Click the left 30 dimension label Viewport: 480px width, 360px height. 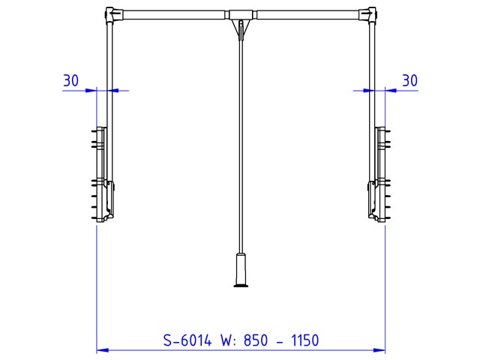pyautogui.click(x=70, y=80)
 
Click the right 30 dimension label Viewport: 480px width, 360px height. pyautogui.click(x=409, y=80)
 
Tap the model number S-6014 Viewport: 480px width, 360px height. pyautogui.click(x=187, y=340)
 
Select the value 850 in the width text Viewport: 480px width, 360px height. pyautogui.click(x=256, y=340)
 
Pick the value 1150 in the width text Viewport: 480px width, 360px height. pyautogui.click(x=305, y=340)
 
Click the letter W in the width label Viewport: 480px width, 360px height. pyautogui.click(x=226, y=340)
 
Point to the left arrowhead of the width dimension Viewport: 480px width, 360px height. pyautogui.click(x=103, y=350)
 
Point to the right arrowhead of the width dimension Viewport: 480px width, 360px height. pyautogui.click(x=379, y=350)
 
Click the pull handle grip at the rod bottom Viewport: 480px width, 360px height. pyautogui.click(x=241, y=268)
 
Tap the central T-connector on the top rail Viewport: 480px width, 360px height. pyautogui.click(x=241, y=14)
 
